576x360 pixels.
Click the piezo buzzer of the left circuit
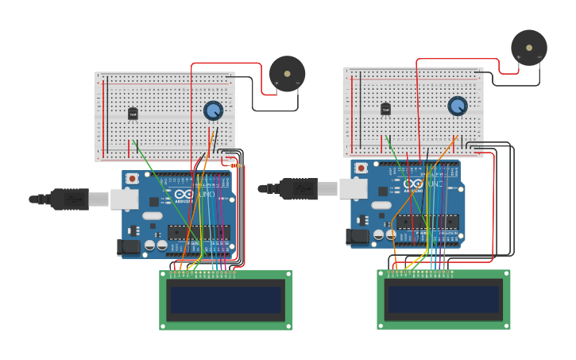click(287, 74)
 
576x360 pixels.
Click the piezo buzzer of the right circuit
click(528, 48)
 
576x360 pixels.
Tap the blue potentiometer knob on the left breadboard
click(213, 110)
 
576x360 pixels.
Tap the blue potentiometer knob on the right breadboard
click(457, 106)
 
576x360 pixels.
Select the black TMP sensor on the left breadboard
click(133, 114)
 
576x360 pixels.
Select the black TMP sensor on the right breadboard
click(385, 109)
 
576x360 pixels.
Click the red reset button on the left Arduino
click(133, 179)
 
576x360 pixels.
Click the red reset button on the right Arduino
click(361, 168)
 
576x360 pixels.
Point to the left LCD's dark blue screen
click(226, 300)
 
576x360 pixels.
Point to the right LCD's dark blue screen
click(443, 300)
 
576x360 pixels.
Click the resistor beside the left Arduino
click(236, 165)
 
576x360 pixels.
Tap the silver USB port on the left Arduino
click(124, 199)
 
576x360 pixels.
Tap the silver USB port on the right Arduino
click(353, 188)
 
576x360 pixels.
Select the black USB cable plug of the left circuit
click(70, 199)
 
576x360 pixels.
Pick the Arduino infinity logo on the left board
click(184, 195)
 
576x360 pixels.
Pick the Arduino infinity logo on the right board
click(413, 184)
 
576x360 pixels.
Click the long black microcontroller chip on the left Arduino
click(199, 233)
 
